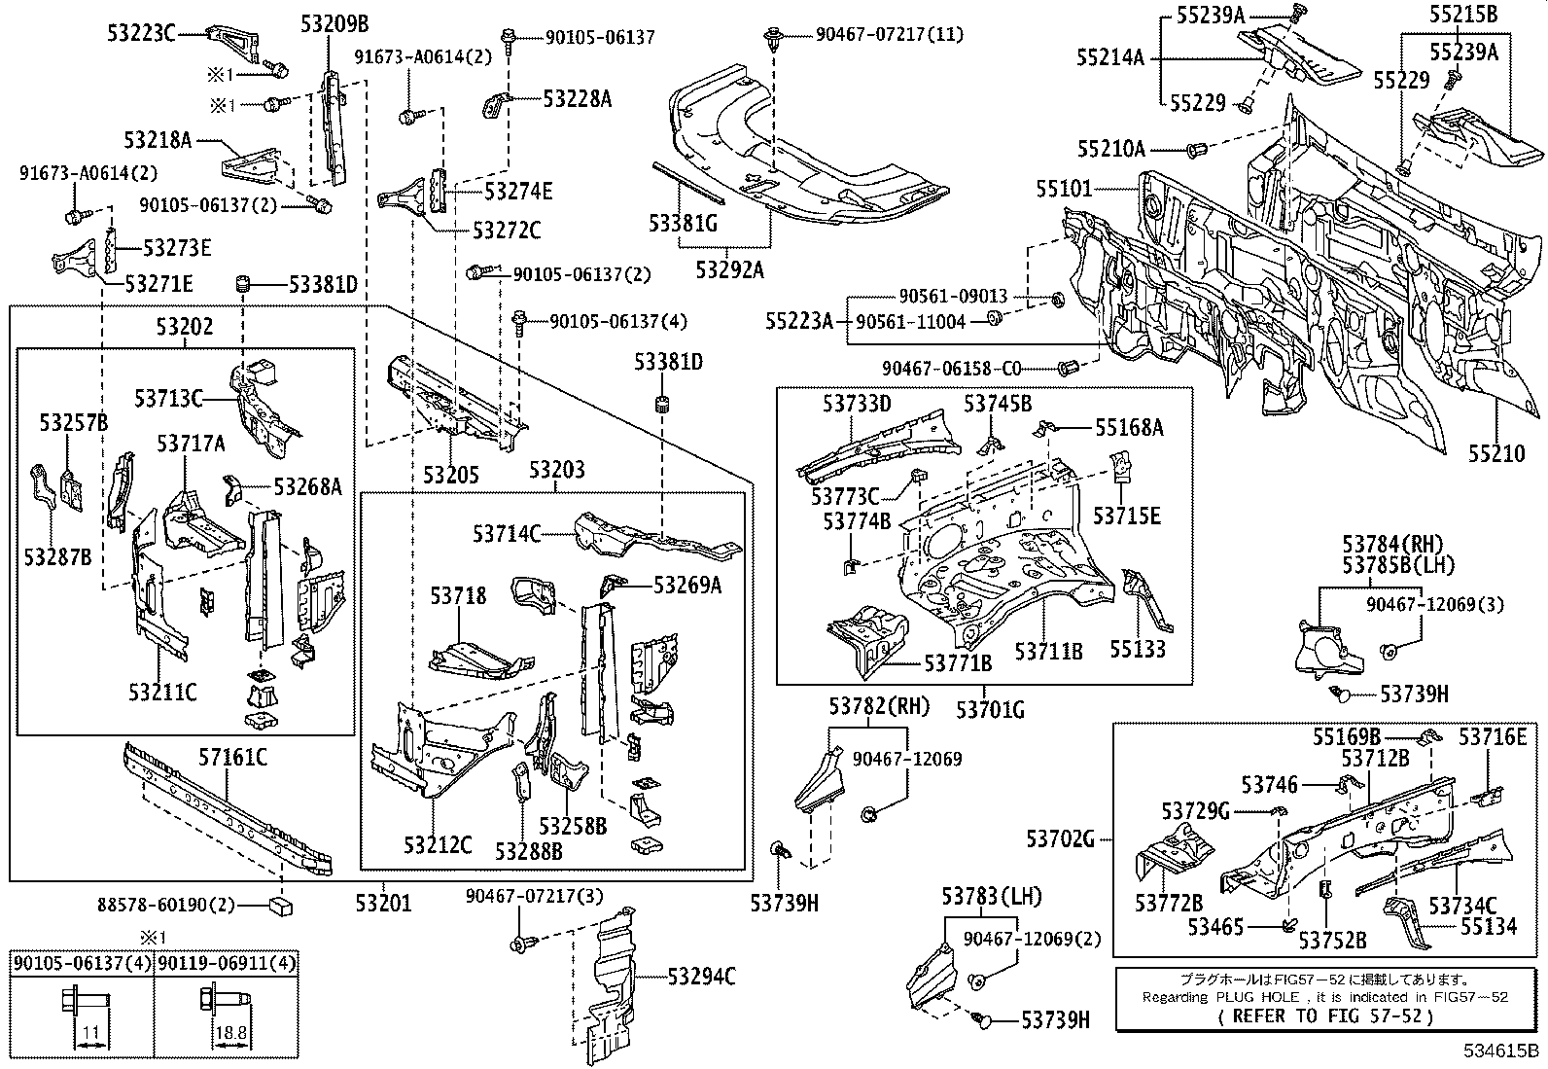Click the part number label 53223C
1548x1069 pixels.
(141, 33)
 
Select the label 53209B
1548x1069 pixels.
(334, 24)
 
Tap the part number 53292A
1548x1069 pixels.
(730, 269)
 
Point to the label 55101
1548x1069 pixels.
(1064, 188)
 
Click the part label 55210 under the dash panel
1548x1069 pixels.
(1496, 453)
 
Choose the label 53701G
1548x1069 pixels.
(990, 709)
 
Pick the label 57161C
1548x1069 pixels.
(233, 758)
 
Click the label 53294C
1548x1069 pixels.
(701, 977)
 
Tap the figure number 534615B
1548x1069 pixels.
(1501, 1051)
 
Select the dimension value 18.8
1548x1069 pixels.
(230, 1033)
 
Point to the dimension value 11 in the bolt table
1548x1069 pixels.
(91, 1033)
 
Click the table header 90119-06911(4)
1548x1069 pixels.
(227, 963)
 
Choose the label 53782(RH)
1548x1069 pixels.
(880, 706)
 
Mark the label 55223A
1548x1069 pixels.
(799, 321)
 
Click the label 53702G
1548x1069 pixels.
(1061, 839)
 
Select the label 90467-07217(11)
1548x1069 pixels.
(890, 34)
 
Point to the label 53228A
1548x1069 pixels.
(578, 99)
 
